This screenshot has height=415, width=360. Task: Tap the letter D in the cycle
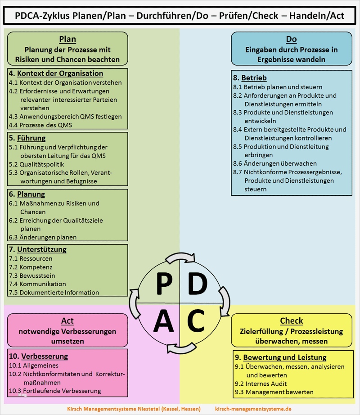point(197,283)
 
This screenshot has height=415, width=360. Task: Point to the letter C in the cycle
point(196,320)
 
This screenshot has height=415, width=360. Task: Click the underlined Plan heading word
point(67,39)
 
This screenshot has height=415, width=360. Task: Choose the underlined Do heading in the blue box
point(291,39)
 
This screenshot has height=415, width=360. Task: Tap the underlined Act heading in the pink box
point(67,321)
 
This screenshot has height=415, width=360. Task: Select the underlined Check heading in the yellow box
point(291,321)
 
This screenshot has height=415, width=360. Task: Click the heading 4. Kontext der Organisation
point(56,73)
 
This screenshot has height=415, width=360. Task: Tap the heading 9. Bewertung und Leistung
point(280,357)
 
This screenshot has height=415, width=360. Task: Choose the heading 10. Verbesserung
point(38,356)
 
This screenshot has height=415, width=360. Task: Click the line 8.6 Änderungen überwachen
point(274,163)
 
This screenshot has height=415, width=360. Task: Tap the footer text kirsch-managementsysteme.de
point(260,408)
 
